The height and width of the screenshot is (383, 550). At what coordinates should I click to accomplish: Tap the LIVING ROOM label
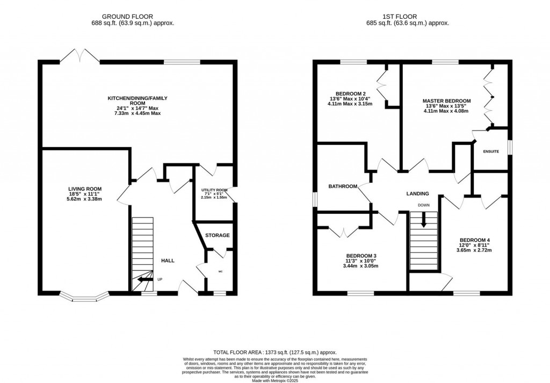(85, 189)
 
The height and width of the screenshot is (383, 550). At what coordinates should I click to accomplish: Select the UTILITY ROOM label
(214, 190)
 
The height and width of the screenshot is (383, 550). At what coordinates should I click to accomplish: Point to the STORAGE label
(217, 235)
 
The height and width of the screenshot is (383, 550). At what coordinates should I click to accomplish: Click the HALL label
(168, 261)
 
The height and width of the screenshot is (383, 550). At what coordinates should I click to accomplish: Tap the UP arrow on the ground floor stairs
(143, 279)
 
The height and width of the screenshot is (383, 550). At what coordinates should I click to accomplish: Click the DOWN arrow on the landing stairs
(424, 220)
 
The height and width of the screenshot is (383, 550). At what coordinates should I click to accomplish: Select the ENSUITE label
(490, 151)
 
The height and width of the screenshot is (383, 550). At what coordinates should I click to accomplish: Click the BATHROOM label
(343, 186)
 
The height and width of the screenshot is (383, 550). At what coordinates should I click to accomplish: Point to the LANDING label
(417, 193)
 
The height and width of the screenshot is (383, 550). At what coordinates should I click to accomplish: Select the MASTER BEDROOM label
(446, 101)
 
